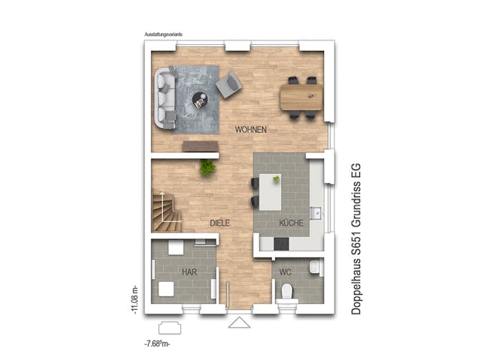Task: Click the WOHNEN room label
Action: coord(250,130)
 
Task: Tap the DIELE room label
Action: coord(219,223)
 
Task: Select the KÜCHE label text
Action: coord(291,223)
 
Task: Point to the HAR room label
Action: coord(189,271)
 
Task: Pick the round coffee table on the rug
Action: coord(201,97)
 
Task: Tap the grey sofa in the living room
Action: coord(165,96)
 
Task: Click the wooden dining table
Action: coord(301,96)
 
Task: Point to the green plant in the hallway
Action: coord(207,167)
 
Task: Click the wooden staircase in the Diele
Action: coord(166,211)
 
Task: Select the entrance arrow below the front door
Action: coord(241,322)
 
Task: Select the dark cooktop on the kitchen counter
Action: coord(280,244)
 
